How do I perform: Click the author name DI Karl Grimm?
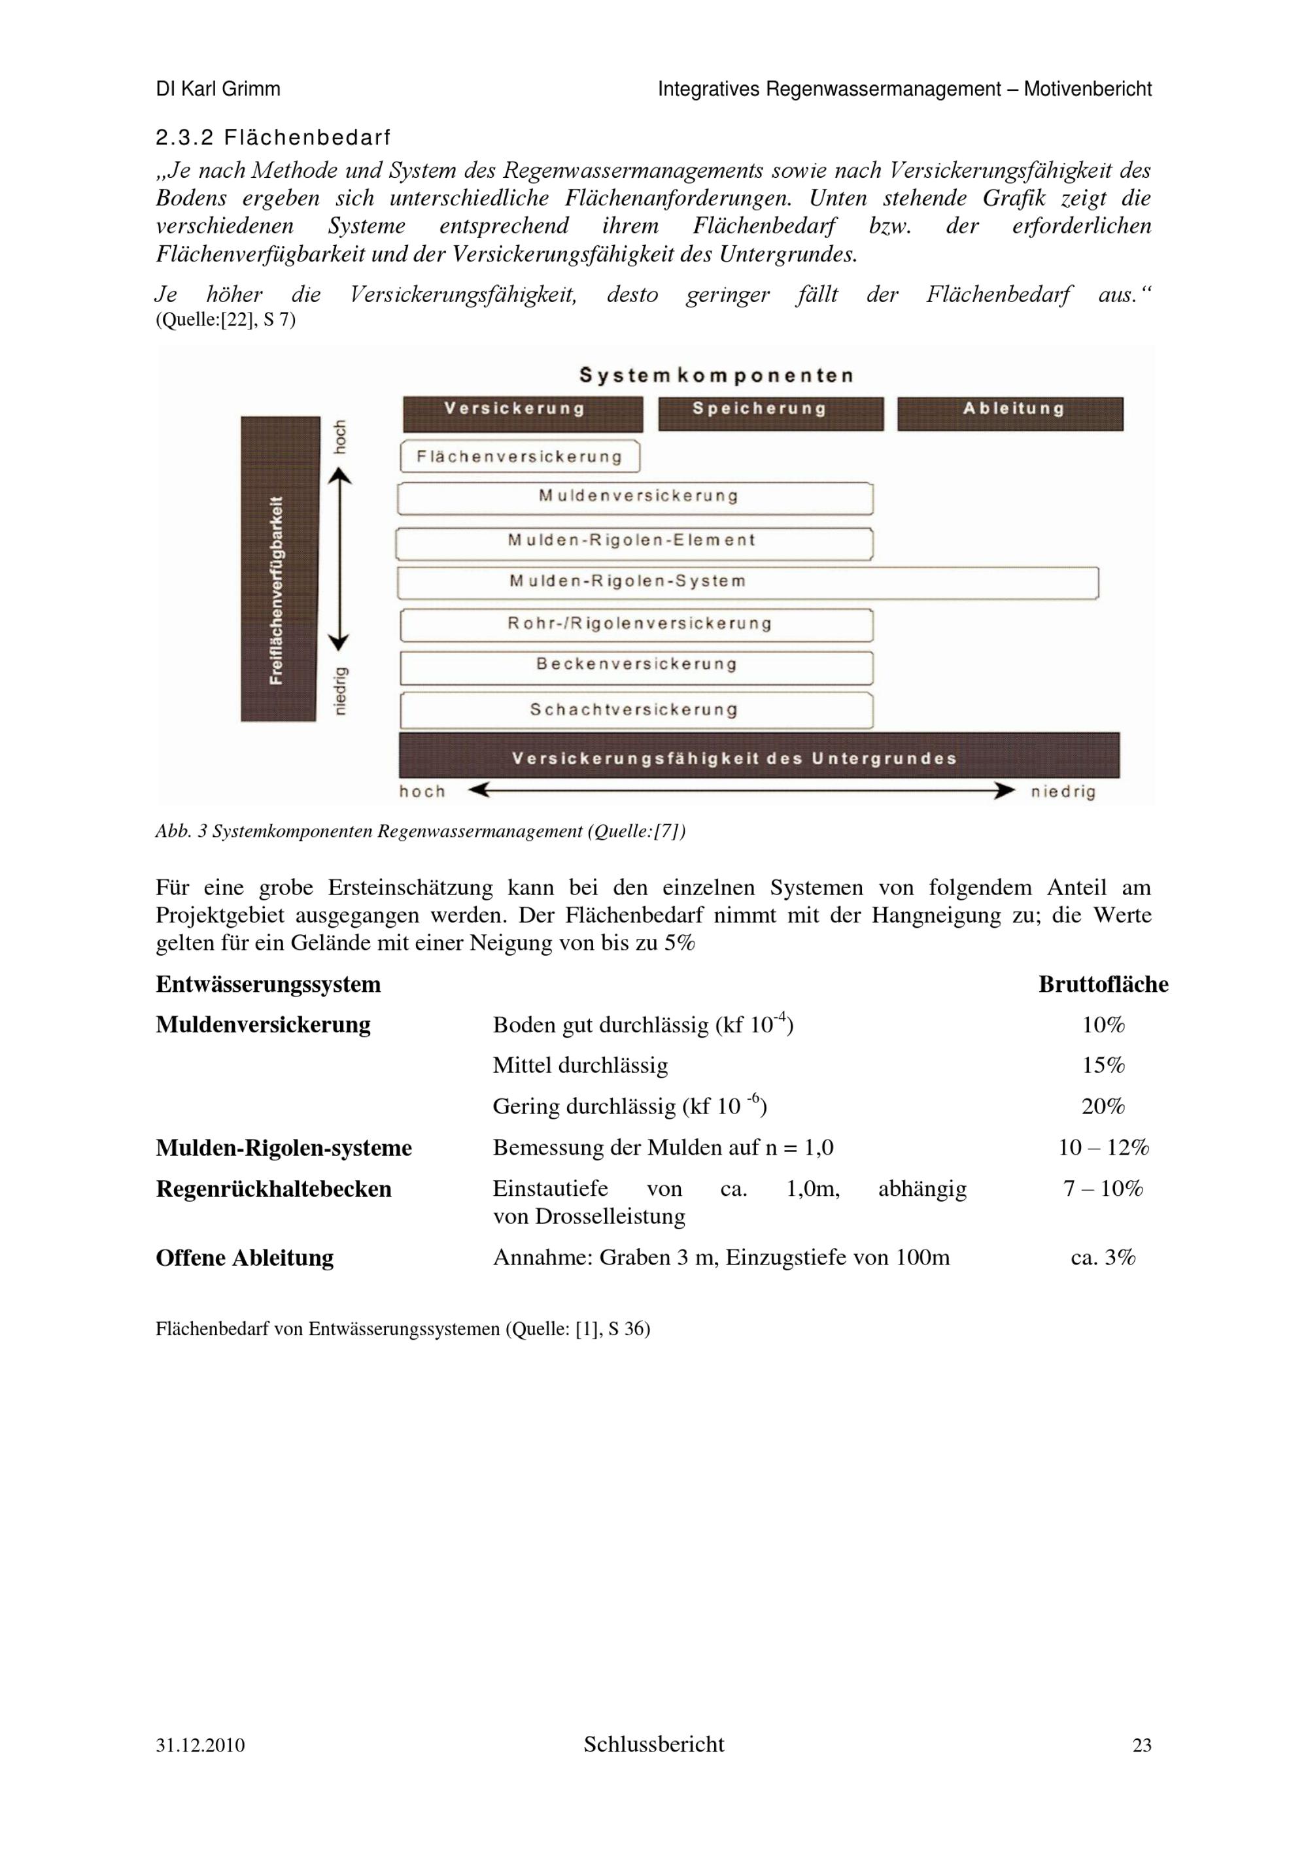(218, 90)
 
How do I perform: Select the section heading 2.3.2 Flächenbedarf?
(273, 138)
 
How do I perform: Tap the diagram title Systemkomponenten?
(716, 375)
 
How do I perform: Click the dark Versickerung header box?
(523, 414)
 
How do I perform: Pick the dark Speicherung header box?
(770, 414)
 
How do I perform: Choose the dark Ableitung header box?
(1009, 414)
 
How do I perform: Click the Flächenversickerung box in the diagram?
(519, 456)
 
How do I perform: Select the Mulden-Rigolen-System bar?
(748, 583)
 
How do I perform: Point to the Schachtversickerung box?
(636, 710)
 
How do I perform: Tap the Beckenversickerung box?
(636, 667)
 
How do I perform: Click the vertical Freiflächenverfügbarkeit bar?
(279, 569)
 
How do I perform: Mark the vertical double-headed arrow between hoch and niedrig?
(340, 560)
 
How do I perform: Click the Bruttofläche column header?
(1103, 984)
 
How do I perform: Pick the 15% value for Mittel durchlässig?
(1103, 1066)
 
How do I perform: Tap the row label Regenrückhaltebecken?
(274, 1189)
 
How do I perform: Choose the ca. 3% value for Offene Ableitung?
(1103, 1257)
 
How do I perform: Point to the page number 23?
(1141, 1745)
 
